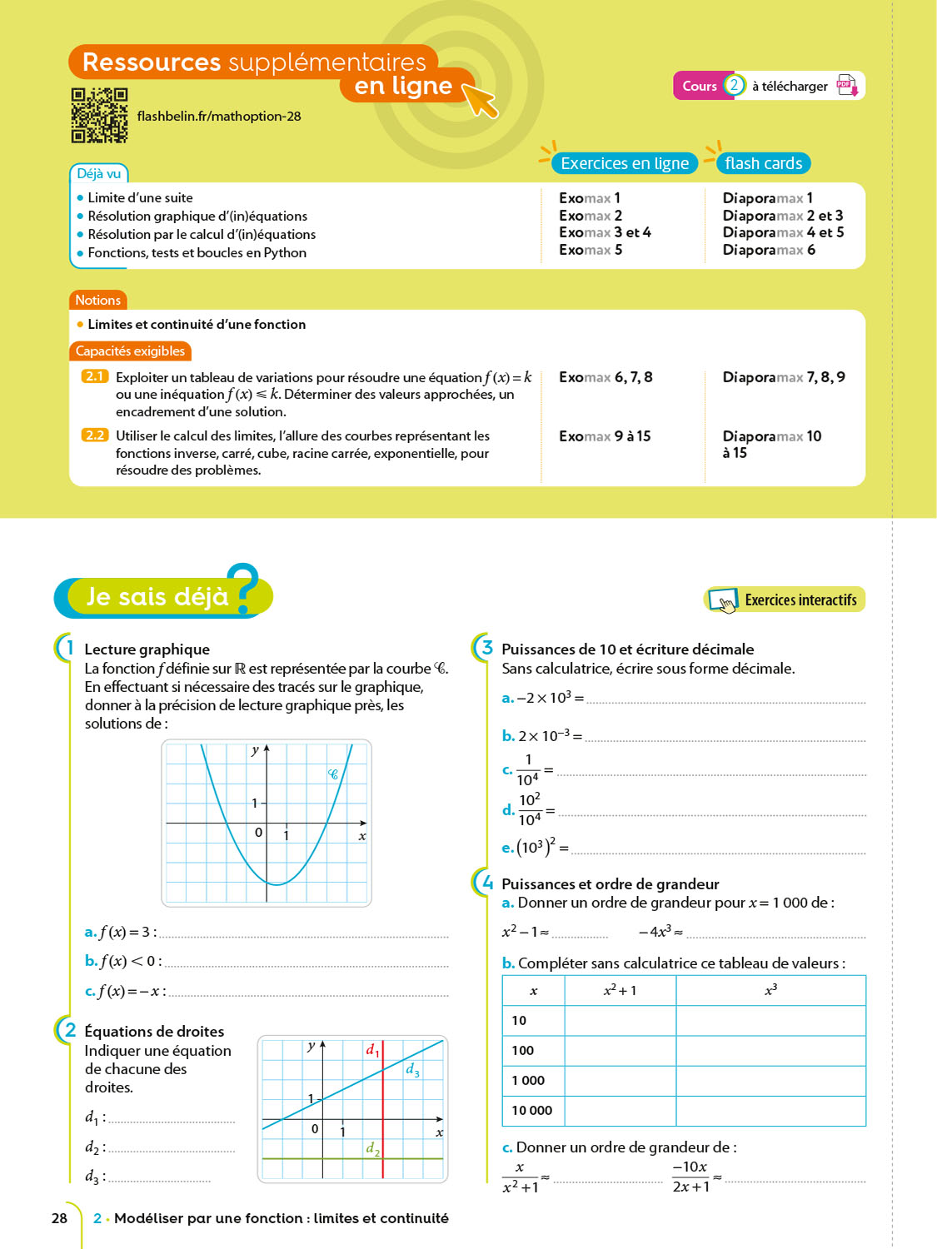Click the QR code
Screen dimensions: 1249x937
tap(99, 116)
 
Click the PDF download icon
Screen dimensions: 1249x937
tap(847, 86)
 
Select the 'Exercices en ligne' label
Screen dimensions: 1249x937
tap(625, 163)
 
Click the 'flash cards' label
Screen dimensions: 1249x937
tap(763, 163)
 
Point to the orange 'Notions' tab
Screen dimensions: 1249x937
tap(97, 300)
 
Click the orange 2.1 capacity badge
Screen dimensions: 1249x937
tap(95, 376)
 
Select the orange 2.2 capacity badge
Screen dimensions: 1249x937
tap(95, 435)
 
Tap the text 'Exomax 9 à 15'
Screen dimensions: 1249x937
tap(605, 436)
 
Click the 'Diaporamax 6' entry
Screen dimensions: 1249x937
tap(769, 250)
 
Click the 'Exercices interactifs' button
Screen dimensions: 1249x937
tap(785, 600)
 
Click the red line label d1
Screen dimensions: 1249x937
tap(372, 1051)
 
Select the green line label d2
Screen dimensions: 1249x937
tap(372, 1149)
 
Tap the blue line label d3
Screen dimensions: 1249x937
tap(412, 1070)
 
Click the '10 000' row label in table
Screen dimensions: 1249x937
tap(531, 1111)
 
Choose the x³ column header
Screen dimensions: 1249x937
tap(770, 990)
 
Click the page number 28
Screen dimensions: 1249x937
tap(59, 1218)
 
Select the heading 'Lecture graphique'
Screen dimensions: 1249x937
tap(147, 649)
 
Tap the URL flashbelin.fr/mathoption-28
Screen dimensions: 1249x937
tap(219, 117)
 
